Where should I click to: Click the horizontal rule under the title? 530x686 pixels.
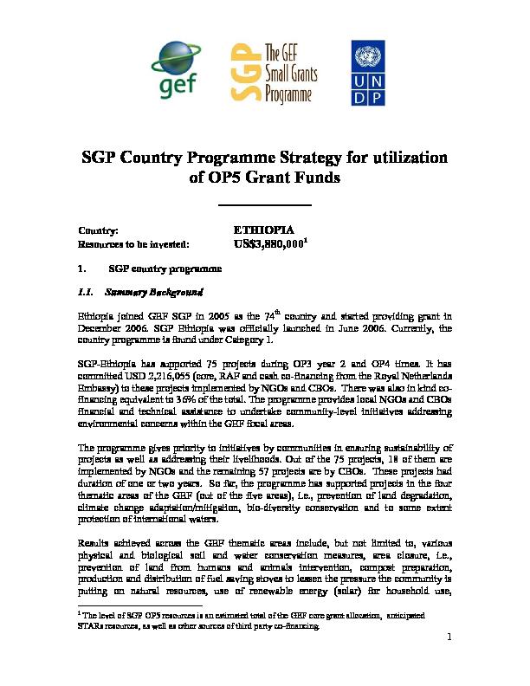pos(265,205)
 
